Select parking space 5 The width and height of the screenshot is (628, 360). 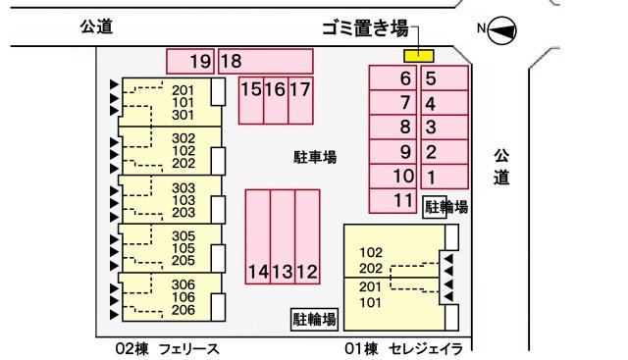pos(444,78)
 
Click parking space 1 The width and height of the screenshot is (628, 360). pos(444,177)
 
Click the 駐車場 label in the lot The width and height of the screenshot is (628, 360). pos(315,156)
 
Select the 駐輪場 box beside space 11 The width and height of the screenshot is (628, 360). pos(445,207)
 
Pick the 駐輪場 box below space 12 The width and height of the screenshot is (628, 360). pos(314,319)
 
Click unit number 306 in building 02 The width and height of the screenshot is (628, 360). pos(183,285)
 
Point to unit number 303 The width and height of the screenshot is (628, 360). pos(183,187)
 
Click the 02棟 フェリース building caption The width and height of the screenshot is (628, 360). pos(167,348)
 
